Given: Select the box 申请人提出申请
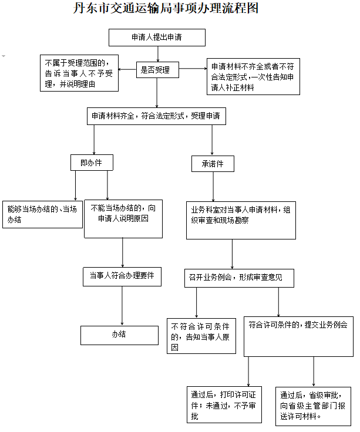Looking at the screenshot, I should tap(157, 37).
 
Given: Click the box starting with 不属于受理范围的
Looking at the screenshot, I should tap(79, 73).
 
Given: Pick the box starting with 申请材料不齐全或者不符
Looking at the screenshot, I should tap(253, 77).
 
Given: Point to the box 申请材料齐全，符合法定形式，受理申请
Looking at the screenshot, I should tap(156, 116).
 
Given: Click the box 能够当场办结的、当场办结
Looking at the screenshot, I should tap(42, 214).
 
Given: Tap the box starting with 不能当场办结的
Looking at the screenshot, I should tap(123, 217).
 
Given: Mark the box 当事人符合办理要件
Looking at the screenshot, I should tap(122, 275).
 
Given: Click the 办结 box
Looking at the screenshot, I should tap(119, 335).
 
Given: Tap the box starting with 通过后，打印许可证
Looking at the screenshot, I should tap(223, 404).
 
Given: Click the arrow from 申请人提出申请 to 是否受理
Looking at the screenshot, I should tap(157, 53).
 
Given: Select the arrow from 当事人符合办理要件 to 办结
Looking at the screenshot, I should tap(122, 305).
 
